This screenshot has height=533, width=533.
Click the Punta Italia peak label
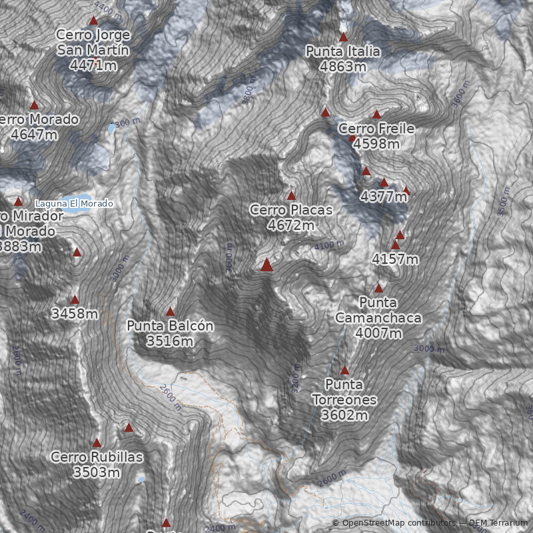343,59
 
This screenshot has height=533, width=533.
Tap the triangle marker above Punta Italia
343,37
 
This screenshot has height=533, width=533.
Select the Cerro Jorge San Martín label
93,49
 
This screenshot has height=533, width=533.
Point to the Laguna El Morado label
74,203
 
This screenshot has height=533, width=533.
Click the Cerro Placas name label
290,217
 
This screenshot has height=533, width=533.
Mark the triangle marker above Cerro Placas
291,196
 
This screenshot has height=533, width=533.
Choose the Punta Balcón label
170,333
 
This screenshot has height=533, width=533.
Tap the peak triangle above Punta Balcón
170,312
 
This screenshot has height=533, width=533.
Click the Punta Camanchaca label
378,318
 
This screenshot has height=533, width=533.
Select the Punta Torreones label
344,400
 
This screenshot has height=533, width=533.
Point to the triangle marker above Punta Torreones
344,370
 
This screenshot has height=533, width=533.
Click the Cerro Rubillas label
97,464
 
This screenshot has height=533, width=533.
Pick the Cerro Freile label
376,135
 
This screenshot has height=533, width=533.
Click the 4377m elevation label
383,197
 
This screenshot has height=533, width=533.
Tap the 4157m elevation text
395,259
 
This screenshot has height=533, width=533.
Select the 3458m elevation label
75,313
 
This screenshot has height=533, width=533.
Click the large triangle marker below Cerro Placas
267,265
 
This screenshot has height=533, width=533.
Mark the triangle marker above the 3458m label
75,300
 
